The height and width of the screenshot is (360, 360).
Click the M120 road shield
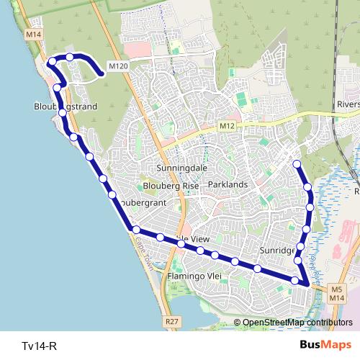(x=119, y=66)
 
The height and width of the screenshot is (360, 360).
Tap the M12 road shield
(x=228, y=126)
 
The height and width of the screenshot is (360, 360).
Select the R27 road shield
(x=171, y=321)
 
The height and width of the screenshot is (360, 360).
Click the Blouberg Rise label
(x=171, y=185)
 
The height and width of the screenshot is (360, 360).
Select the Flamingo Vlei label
(x=194, y=276)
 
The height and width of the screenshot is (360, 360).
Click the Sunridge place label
(x=277, y=250)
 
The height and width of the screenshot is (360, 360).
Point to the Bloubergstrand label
(x=66, y=106)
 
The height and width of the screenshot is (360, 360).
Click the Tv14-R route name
(x=39, y=346)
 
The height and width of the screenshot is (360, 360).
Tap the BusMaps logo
(x=326, y=345)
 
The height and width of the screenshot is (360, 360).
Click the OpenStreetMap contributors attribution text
(x=293, y=323)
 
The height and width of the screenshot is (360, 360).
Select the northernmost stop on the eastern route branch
(x=297, y=165)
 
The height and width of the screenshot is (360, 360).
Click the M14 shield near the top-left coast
(x=32, y=35)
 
